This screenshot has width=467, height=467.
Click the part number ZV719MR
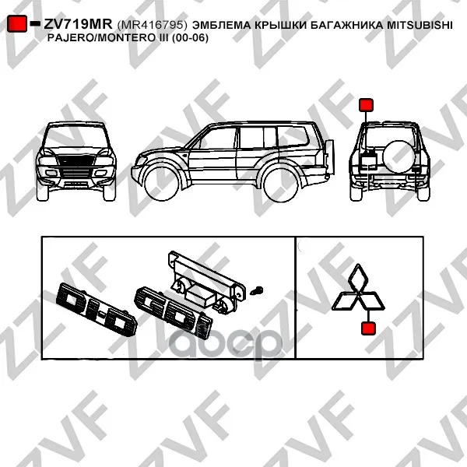tap(78, 24)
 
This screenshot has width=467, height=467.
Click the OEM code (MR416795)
tap(153, 25)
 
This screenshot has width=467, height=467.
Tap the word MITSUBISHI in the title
tap(420, 25)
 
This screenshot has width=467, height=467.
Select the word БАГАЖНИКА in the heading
tap(346, 25)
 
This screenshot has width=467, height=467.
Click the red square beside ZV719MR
tap(17, 23)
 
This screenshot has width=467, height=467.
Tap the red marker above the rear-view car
tap(366, 105)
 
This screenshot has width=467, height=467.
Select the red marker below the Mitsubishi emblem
tap(368, 328)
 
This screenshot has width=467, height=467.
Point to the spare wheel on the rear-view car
tap(399, 156)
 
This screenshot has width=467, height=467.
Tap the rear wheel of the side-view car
tap(282, 184)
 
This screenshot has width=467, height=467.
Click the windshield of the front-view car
tap(76, 136)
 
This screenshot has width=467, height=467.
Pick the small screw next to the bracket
tap(256, 290)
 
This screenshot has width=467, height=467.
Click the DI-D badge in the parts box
tap(97, 309)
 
